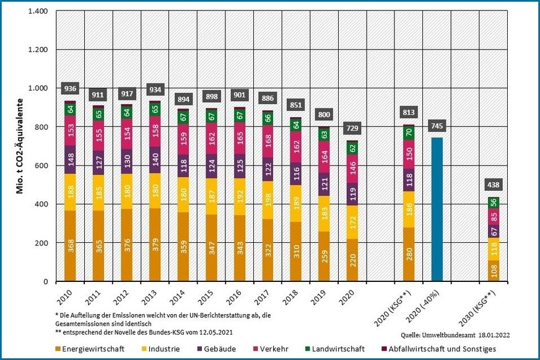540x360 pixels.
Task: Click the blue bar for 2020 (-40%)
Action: (x=437, y=209)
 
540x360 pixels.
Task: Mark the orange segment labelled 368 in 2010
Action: (x=70, y=246)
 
